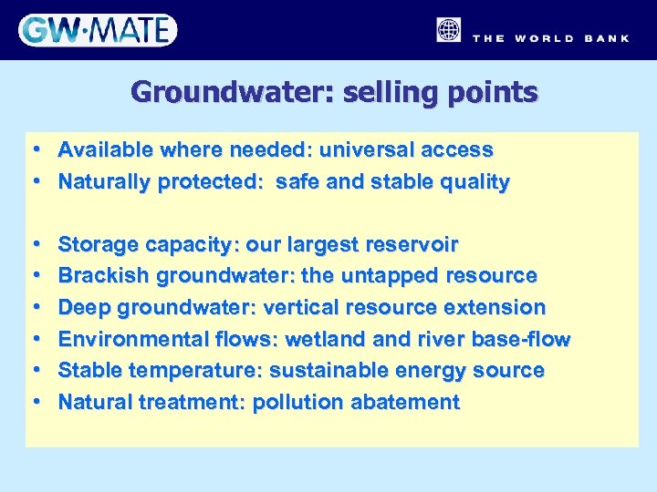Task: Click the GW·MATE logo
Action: pyautogui.click(x=97, y=30)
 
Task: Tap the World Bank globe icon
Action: pyautogui.click(x=448, y=30)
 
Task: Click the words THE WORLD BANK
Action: pyautogui.click(x=550, y=38)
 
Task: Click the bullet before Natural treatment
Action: pyautogui.click(x=34, y=403)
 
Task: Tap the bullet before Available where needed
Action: pyautogui.click(x=34, y=149)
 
